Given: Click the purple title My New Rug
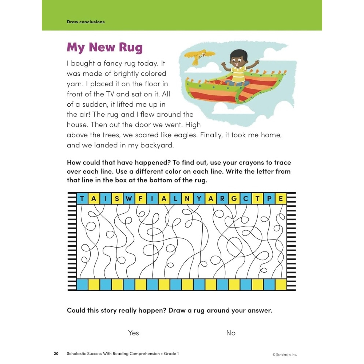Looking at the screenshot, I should pos(104,47).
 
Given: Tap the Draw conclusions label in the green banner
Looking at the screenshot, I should pos(86,22).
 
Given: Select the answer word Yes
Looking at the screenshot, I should pos(134,333).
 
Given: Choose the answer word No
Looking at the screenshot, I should pos(231,333).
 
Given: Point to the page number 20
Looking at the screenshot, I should pos(56,353).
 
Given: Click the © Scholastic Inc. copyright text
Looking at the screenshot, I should pos(285,354).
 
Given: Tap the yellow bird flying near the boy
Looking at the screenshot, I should pos(199,56).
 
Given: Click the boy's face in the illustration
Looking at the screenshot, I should pos(238,60).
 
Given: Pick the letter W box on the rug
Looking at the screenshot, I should pos(128,199).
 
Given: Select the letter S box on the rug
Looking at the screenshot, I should pos(117,199).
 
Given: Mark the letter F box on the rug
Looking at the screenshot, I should pos(140,199).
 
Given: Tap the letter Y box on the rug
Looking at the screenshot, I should pos(199,199).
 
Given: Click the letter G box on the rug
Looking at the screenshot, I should pos(234,199).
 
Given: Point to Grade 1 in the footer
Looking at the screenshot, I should pos(171,353).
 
